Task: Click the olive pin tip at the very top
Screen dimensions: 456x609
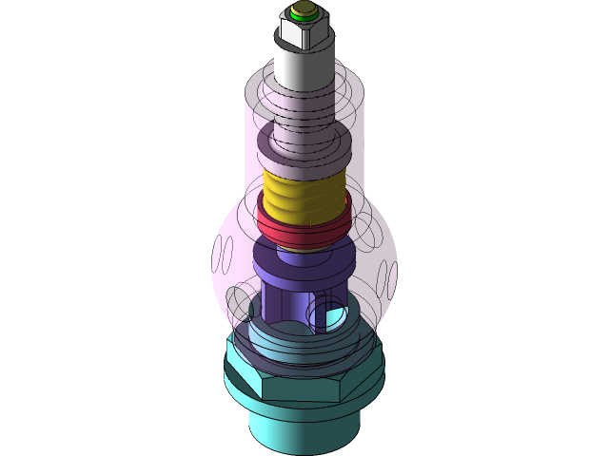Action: tap(304, 12)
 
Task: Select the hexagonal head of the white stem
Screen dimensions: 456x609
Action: tap(303, 34)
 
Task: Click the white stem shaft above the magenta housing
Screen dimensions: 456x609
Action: tap(304, 70)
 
